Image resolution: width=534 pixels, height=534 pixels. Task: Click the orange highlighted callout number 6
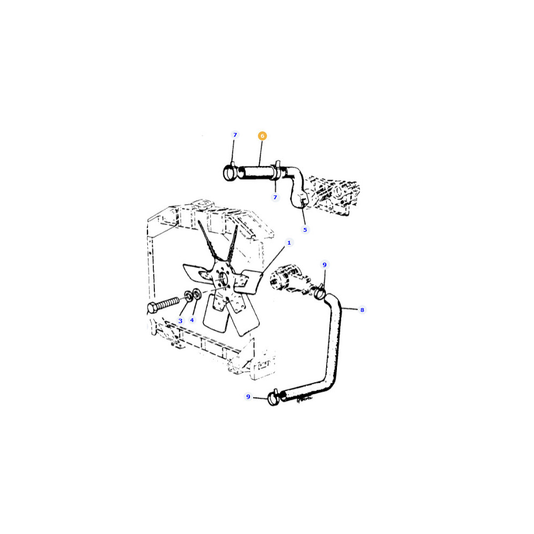[262, 136]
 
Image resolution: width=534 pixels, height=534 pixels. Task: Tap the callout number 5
[305, 230]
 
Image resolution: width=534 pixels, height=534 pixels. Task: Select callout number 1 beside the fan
[289, 243]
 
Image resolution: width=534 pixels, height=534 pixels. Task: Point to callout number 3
[180, 321]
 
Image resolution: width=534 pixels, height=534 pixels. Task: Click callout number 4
[192, 320]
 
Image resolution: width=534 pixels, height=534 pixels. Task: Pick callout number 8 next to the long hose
[362, 310]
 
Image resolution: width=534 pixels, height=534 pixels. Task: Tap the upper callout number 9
[325, 265]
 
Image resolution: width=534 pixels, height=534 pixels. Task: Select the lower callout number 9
[248, 397]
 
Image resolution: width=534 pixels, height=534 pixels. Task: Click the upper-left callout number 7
[235, 135]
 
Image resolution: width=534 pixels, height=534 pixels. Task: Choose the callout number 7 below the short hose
[275, 197]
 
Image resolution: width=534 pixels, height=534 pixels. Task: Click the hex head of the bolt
[152, 308]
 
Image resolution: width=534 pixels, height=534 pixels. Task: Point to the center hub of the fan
[222, 279]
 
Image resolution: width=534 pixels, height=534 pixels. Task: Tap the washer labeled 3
[188, 296]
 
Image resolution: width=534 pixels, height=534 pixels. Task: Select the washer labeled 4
[197, 294]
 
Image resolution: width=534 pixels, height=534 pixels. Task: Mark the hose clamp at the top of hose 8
[319, 292]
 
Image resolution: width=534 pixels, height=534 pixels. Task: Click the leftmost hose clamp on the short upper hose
[230, 172]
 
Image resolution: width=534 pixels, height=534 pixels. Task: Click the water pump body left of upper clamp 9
[289, 279]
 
